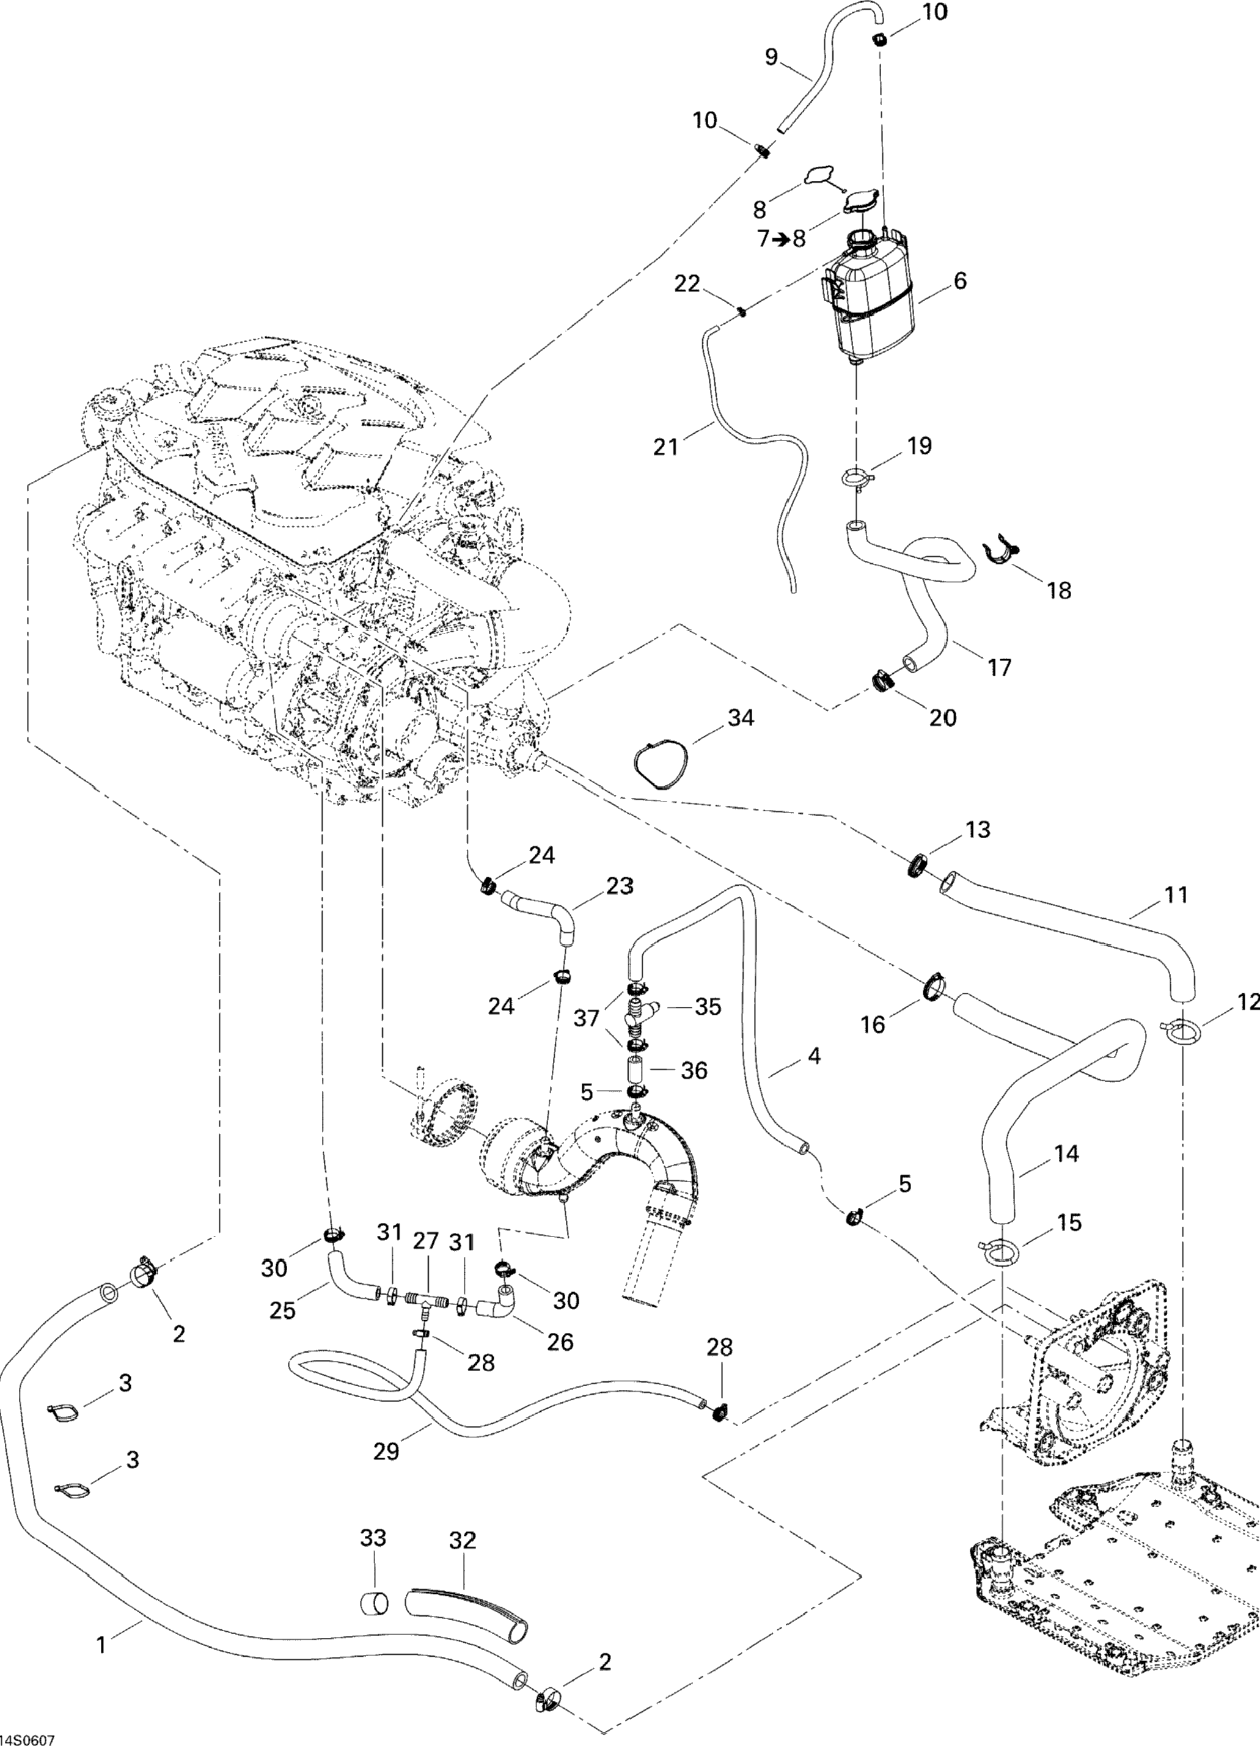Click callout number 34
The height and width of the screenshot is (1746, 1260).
point(741,718)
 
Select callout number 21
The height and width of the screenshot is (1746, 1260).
point(665,447)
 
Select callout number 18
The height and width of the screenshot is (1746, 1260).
point(1060,591)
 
